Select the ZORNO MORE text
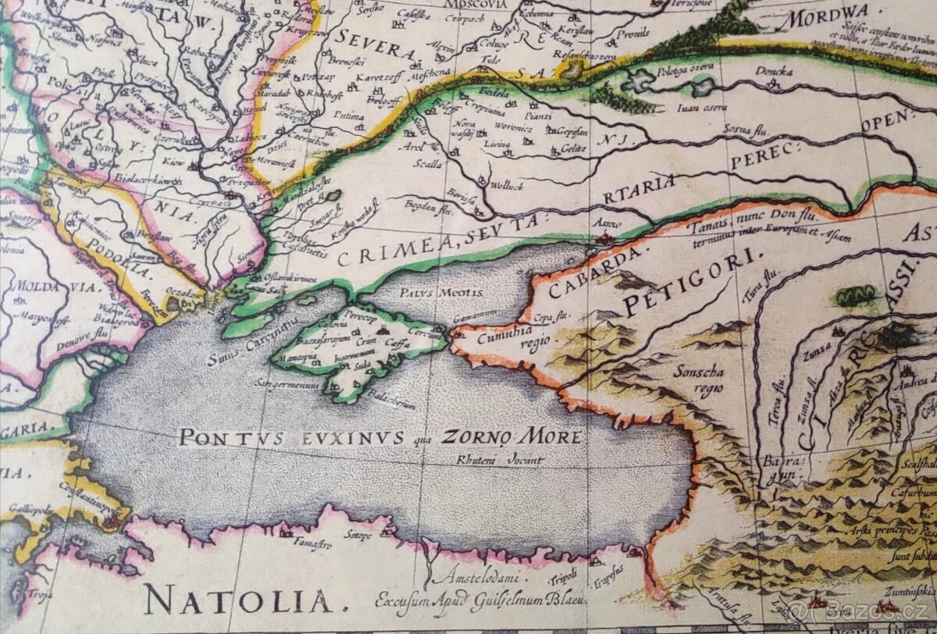tap(511, 436)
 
